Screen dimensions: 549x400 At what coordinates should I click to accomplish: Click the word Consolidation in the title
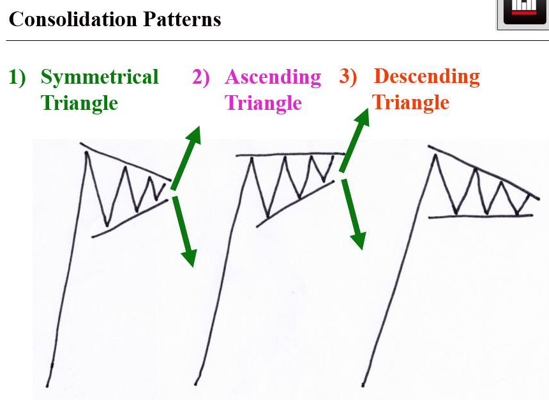[x=73, y=19]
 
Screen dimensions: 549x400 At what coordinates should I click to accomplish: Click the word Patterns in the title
[x=183, y=19]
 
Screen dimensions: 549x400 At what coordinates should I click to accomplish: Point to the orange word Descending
[x=427, y=77]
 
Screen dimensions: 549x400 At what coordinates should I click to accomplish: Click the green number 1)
[x=17, y=77]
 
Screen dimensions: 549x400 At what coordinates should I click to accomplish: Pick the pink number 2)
[x=201, y=77]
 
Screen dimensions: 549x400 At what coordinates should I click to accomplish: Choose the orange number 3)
[x=348, y=76]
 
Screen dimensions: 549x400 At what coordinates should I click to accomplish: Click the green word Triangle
[x=79, y=104]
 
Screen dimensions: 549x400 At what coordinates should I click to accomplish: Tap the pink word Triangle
[x=263, y=104]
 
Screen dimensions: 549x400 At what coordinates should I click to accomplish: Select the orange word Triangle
[x=410, y=103]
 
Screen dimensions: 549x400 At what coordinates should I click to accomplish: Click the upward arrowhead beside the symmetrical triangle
[x=193, y=135]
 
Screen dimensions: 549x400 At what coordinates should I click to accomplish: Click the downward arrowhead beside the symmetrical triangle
[x=190, y=258]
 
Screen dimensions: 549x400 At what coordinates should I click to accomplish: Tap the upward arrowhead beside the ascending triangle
[x=362, y=118]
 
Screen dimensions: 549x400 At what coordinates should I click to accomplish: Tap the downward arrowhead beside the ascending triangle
[x=359, y=241]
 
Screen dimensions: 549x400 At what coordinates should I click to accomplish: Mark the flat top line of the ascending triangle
[x=290, y=154]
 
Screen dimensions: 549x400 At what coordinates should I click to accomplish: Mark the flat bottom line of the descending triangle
[x=480, y=217]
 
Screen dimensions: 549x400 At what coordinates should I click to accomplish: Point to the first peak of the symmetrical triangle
[x=86, y=153]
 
